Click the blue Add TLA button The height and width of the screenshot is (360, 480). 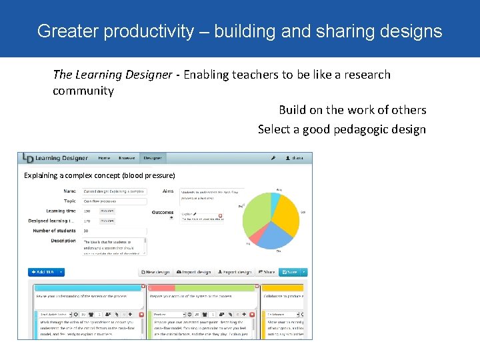tap(43, 272)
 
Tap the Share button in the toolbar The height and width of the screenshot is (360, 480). tap(266, 272)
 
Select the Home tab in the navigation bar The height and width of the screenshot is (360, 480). tap(104, 158)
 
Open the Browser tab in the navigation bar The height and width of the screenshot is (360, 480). tap(127, 158)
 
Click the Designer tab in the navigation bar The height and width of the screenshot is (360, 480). tap(153, 158)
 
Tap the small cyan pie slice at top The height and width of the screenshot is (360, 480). tap(275, 198)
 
